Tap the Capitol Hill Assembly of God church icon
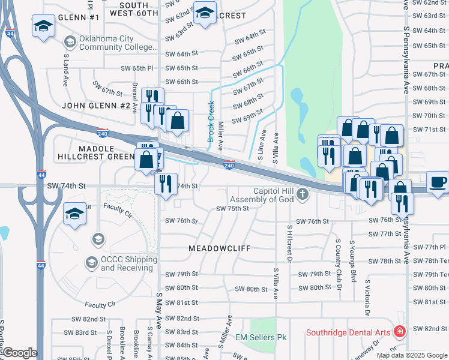click(x=303, y=194)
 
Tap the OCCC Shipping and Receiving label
click(x=128, y=263)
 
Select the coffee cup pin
click(x=438, y=181)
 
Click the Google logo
click(x=19, y=353)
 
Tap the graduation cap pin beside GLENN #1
click(x=43, y=26)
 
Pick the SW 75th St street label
click(x=232, y=209)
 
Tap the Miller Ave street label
click(x=221, y=135)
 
